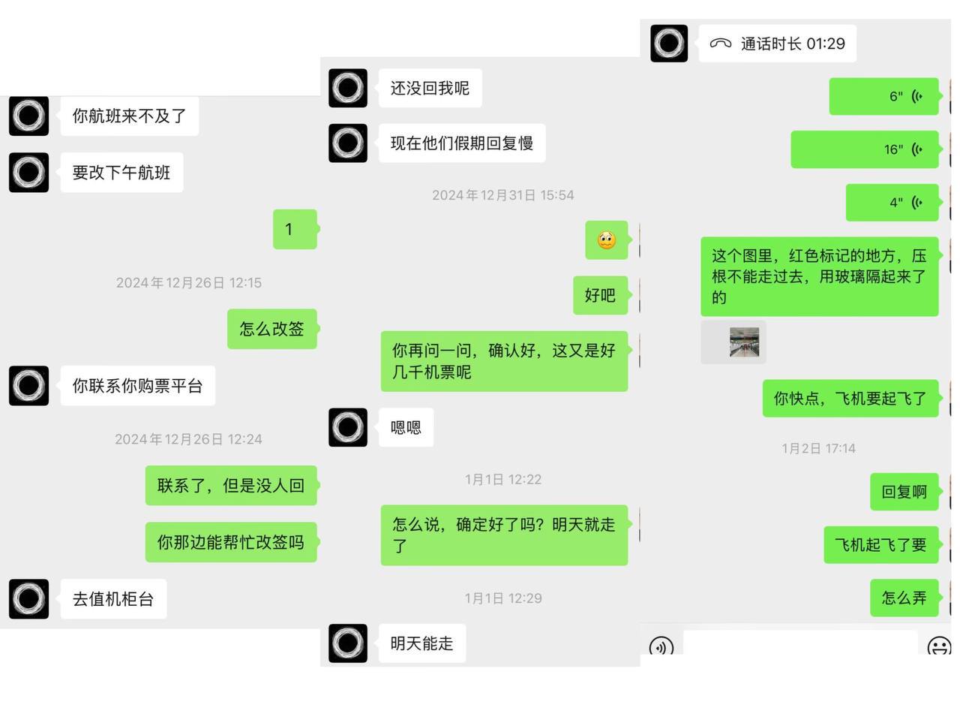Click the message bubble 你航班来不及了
click(129, 116)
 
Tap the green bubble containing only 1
click(294, 230)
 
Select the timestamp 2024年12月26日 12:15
click(188, 283)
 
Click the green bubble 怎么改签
click(271, 329)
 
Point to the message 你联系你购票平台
click(137, 386)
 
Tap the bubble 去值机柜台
click(113, 599)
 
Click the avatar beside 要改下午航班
click(28, 173)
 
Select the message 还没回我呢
click(430, 89)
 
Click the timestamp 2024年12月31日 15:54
click(502, 195)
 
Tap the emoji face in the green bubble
click(606, 240)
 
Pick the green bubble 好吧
click(600, 295)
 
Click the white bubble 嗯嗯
click(406, 428)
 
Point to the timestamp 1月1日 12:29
click(502, 598)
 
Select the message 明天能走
click(421, 643)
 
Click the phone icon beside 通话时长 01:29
click(720, 44)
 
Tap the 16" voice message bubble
click(864, 149)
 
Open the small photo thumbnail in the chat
click(744, 342)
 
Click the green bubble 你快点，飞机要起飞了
click(850, 399)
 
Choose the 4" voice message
click(892, 203)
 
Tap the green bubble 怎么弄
click(904, 598)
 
